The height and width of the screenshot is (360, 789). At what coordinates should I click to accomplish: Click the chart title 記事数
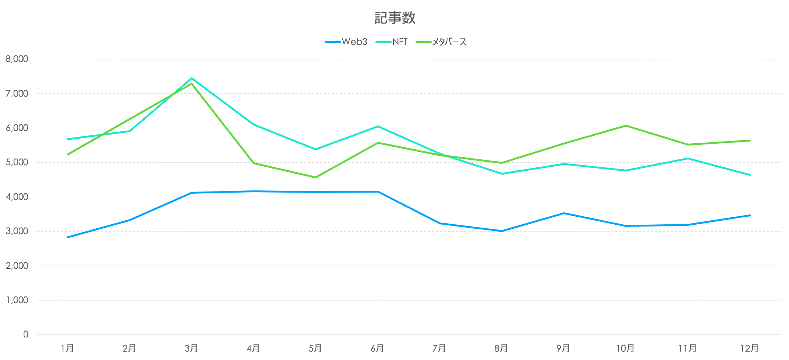pyautogui.click(x=395, y=18)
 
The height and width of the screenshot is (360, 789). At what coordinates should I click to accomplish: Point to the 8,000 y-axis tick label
pyautogui.click(x=17, y=59)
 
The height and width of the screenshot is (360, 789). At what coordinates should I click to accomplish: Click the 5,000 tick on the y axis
pyautogui.click(x=17, y=162)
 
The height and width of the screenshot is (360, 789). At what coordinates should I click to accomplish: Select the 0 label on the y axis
pyautogui.click(x=26, y=334)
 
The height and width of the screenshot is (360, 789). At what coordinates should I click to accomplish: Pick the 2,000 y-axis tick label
pyautogui.click(x=17, y=266)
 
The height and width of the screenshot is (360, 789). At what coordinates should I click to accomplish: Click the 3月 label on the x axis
pyautogui.click(x=191, y=349)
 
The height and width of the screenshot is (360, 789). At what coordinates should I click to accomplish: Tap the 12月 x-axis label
pyautogui.click(x=750, y=349)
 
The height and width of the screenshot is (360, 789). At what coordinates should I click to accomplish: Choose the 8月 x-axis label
pyautogui.click(x=501, y=349)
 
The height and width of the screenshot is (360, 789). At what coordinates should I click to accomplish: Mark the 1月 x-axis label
pyautogui.click(x=67, y=349)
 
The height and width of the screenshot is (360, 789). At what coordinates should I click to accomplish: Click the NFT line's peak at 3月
pyautogui.click(x=191, y=78)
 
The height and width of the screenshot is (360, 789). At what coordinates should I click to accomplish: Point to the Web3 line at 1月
pyautogui.click(x=68, y=237)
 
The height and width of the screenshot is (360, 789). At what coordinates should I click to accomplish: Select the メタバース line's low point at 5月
pyautogui.click(x=315, y=177)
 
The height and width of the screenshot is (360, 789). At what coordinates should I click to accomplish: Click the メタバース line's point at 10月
pyautogui.click(x=626, y=126)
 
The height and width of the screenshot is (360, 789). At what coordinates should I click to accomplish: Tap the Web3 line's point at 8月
pyautogui.click(x=502, y=231)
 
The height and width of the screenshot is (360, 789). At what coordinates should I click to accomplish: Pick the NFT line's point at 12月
pyautogui.click(x=750, y=175)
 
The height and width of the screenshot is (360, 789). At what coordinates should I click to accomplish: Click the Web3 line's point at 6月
pyautogui.click(x=378, y=191)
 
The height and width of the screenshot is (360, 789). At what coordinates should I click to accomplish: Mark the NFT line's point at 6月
pyautogui.click(x=378, y=127)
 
